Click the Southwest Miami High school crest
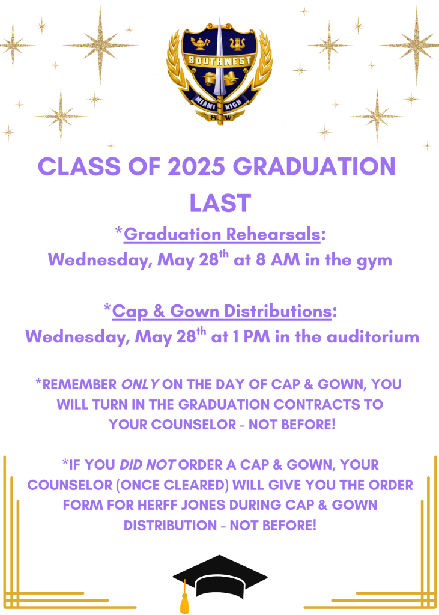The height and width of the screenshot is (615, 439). pyautogui.click(x=220, y=72)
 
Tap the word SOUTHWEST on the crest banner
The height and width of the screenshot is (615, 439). pyautogui.click(x=220, y=61)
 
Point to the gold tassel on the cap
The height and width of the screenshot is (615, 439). pyautogui.click(x=184, y=598)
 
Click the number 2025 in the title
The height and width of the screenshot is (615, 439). pyautogui.click(x=196, y=166)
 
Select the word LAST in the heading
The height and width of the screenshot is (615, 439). pyautogui.click(x=220, y=203)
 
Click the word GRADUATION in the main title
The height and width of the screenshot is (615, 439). pyautogui.click(x=314, y=166)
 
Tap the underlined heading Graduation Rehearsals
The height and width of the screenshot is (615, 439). pyautogui.click(x=222, y=235)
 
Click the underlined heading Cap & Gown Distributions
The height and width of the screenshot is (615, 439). pyautogui.click(x=222, y=312)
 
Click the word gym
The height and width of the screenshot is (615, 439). pyautogui.click(x=374, y=261)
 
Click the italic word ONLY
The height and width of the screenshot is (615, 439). pyautogui.click(x=140, y=384)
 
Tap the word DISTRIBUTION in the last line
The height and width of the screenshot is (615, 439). pyautogui.click(x=170, y=525)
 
